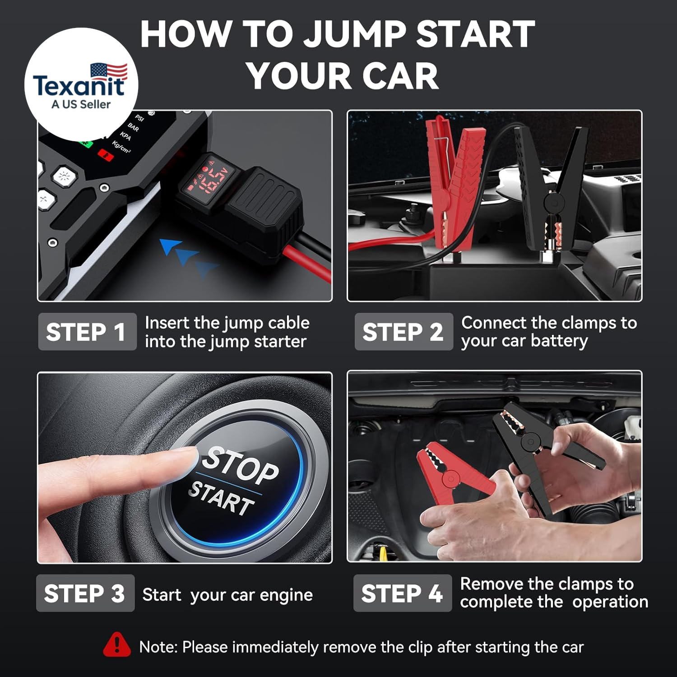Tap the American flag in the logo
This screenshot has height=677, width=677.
click(109, 71)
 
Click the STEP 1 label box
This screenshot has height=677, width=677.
click(87, 332)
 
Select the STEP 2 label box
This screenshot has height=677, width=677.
click(403, 332)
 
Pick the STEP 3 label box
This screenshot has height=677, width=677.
click(85, 593)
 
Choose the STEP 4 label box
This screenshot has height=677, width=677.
click(402, 593)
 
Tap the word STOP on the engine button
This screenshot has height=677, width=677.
click(240, 465)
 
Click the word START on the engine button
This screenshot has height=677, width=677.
click(221, 498)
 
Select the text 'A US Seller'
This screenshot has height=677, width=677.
click(81, 104)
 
